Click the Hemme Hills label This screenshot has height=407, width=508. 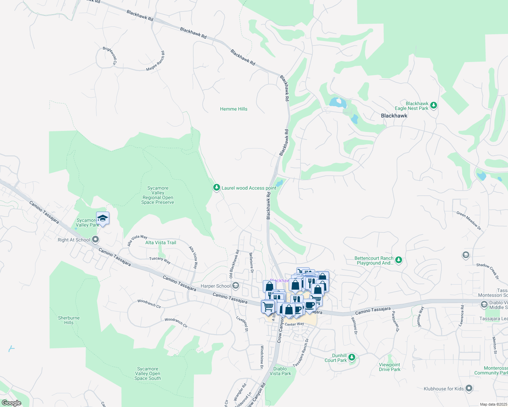point(234,109)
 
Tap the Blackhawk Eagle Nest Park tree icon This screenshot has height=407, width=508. point(433,105)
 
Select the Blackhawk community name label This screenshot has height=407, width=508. point(394,116)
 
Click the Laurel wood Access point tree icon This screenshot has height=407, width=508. point(216,188)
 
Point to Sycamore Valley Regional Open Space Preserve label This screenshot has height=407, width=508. point(158,195)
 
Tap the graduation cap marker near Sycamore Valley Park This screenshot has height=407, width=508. point(103,218)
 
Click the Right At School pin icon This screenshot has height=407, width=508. point(95,240)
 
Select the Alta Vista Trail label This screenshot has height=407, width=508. point(161,243)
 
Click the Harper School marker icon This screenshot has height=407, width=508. point(236,286)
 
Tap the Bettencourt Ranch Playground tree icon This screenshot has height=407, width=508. point(399,260)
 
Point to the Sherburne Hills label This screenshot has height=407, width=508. point(69,320)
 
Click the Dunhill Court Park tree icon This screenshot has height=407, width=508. point(352,357)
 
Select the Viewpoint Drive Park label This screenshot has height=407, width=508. point(389,367)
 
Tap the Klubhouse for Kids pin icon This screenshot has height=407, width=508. point(469,388)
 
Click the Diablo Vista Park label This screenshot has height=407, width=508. point(280,371)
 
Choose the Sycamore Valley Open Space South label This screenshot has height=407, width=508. point(148,373)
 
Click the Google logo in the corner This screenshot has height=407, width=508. point(11,403)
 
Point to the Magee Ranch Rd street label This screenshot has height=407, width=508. point(156,61)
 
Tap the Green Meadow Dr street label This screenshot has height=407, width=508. point(469,221)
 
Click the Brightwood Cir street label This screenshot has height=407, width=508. point(110,56)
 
